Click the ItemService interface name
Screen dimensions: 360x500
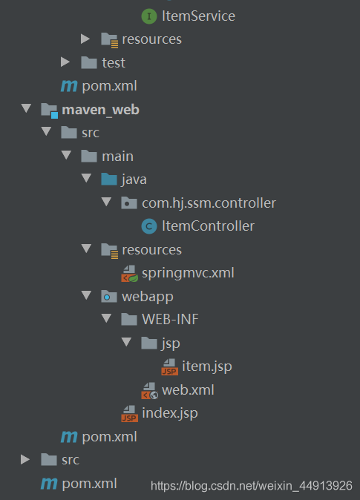point(198,16)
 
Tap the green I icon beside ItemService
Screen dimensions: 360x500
point(149,16)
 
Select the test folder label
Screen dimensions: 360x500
point(114,63)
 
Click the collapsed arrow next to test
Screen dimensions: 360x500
point(65,62)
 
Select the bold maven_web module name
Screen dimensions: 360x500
point(100,110)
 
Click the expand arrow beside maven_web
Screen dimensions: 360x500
point(26,108)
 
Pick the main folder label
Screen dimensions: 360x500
point(117,157)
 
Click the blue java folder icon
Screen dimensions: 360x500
point(109,180)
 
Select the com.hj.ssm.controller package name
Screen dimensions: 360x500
point(209,203)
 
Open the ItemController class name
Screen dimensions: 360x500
point(208,226)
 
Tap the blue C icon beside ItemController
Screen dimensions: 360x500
point(149,226)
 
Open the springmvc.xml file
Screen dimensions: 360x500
point(188,273)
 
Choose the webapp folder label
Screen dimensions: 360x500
point(148,297)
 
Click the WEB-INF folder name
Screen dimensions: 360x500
point(170,320)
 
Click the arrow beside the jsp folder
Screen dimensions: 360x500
point(127,342)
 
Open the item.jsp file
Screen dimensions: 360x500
point(207,366)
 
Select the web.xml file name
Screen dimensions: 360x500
point(188,390)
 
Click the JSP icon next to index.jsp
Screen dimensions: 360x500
point(130,414)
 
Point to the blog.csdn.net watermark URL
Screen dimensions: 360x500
point(252,486)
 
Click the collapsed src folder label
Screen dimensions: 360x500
point(71,460)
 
